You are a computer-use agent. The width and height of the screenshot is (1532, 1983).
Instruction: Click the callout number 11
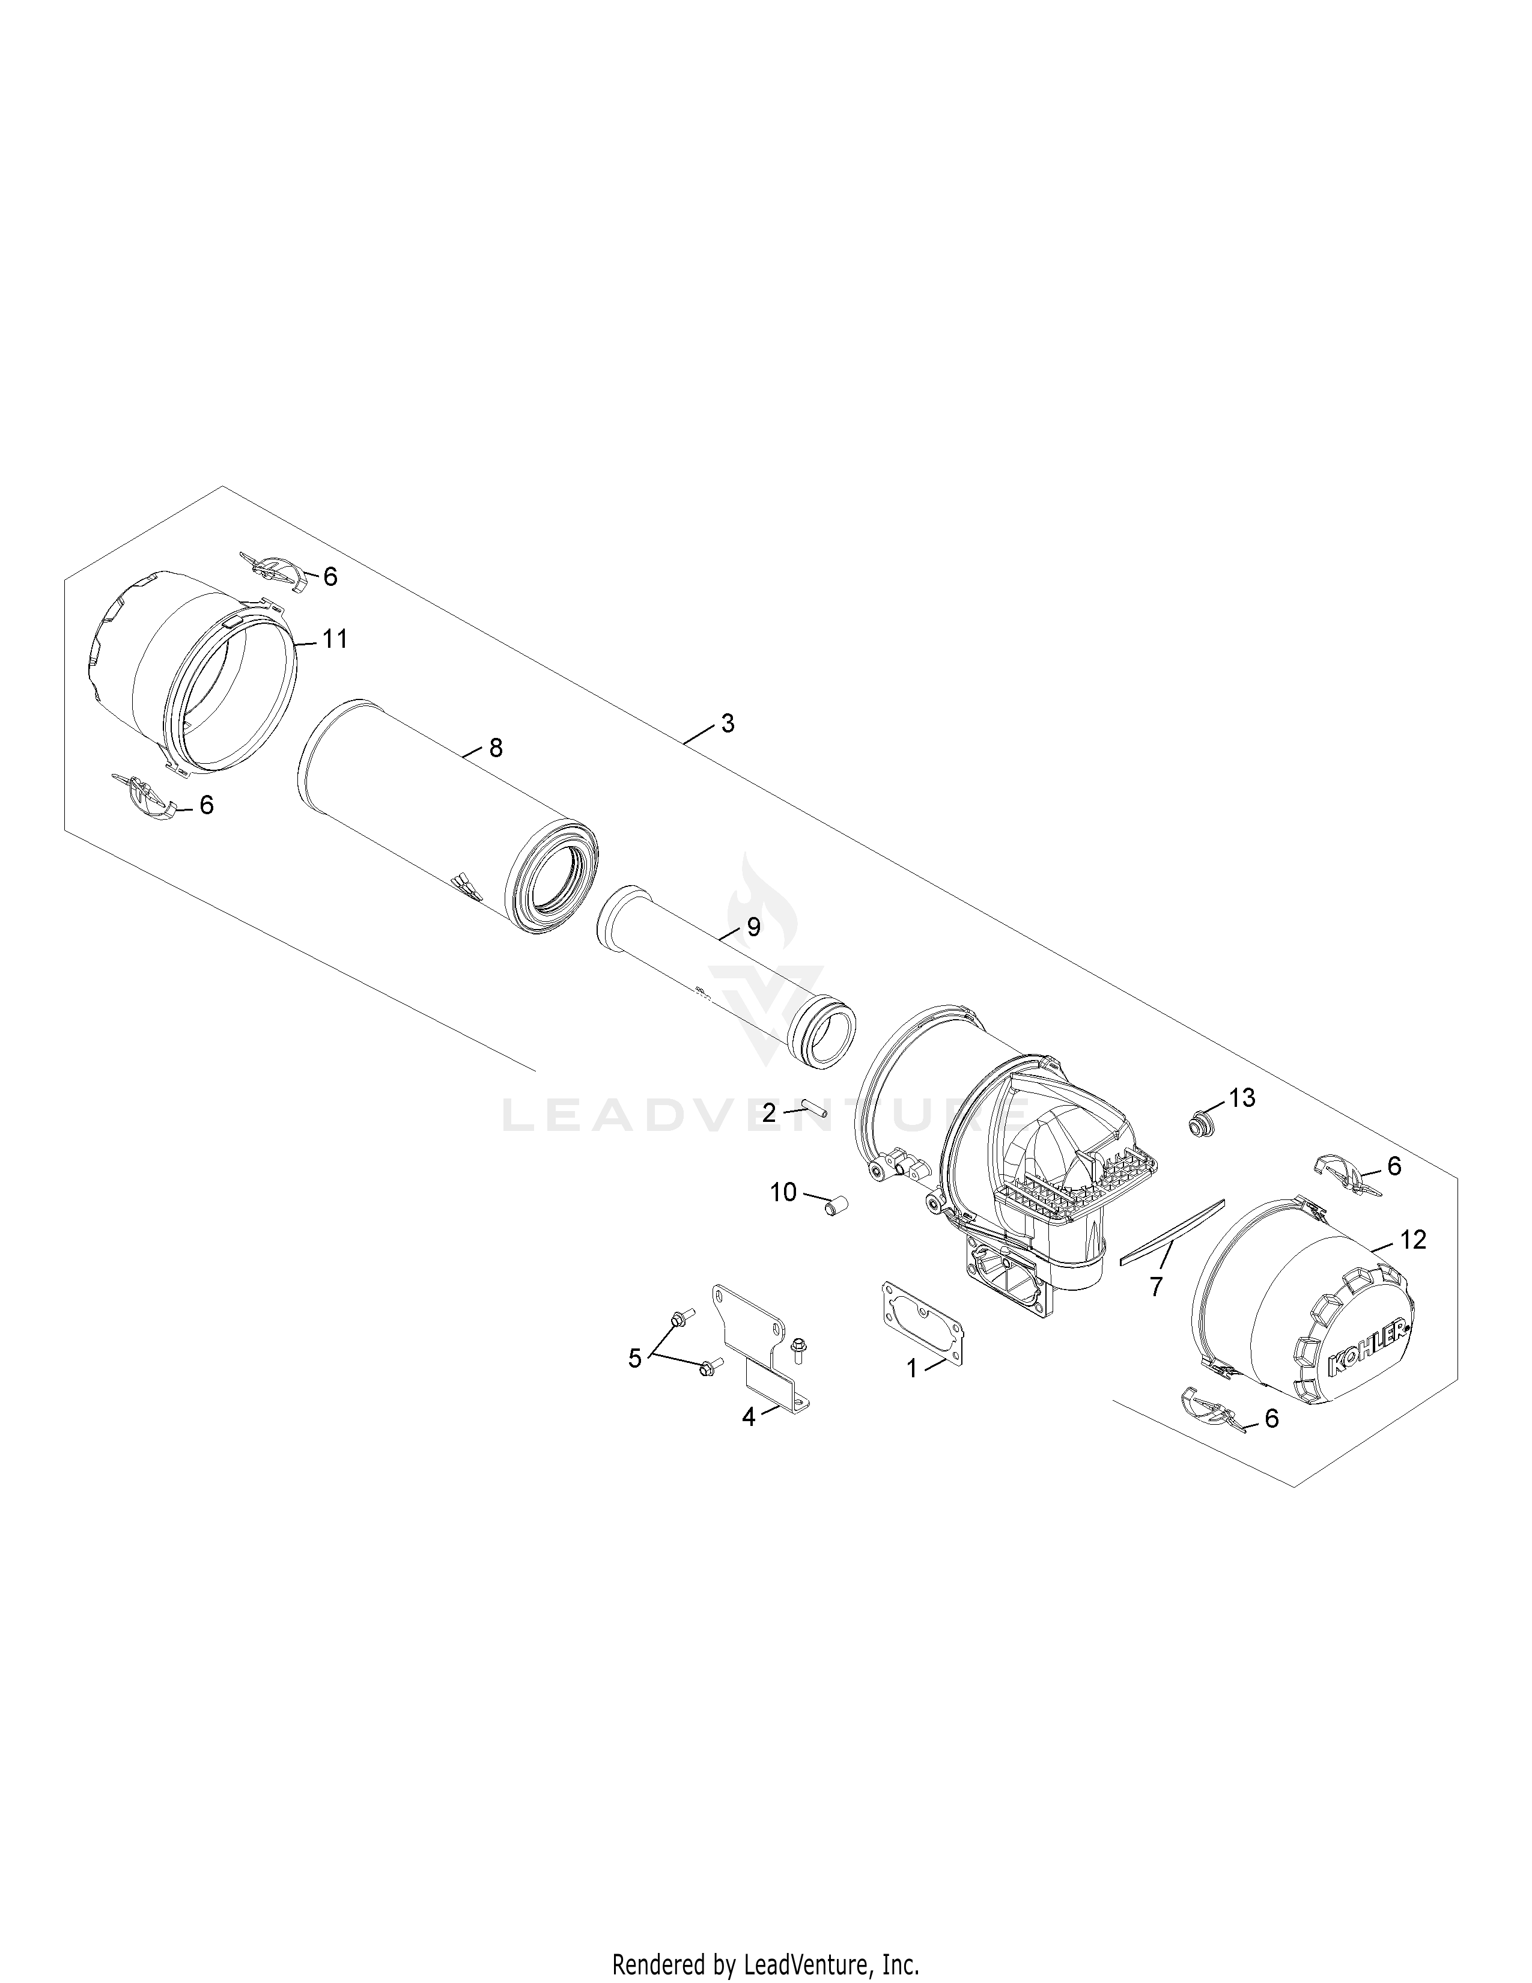[335, 639]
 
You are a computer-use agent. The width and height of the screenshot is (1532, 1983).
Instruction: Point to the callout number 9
[753, 927]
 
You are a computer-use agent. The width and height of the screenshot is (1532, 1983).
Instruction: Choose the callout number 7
[1155, 1286]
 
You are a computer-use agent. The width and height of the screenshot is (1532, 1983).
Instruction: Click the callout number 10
[783, 1192]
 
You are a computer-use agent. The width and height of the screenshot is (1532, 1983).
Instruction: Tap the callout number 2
[769, 1112]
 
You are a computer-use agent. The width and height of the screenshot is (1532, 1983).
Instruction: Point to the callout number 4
[748, 1416]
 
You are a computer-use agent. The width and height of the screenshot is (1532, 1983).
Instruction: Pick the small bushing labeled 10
[835, 1207]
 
